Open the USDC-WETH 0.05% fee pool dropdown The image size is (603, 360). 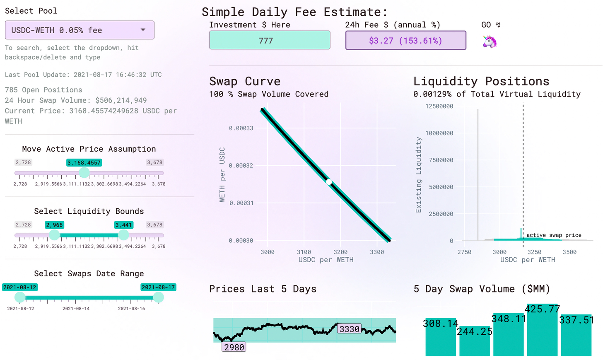[80, 30]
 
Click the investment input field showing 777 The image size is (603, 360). [270, 41]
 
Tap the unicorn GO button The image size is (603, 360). [490, 41]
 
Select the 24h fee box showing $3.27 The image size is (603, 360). [405, 41]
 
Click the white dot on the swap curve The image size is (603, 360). [329, 182]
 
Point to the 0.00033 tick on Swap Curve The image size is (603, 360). [241, 128]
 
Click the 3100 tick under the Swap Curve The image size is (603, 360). [304, 252]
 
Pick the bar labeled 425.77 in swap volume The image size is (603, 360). [542, 331]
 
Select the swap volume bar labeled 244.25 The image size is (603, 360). [475, 342]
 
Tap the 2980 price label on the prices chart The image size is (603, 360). [234, 347]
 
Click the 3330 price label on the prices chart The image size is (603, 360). [350, 329]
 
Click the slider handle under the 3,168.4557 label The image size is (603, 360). [84, 173]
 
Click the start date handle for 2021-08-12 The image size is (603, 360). [20, 297]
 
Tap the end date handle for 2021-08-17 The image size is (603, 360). [158, 297]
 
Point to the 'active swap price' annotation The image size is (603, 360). [554, 235]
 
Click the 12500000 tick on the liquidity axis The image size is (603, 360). [439, 106]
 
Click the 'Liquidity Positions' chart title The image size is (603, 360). [481, 81]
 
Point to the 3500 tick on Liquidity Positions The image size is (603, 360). [569, 252]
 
